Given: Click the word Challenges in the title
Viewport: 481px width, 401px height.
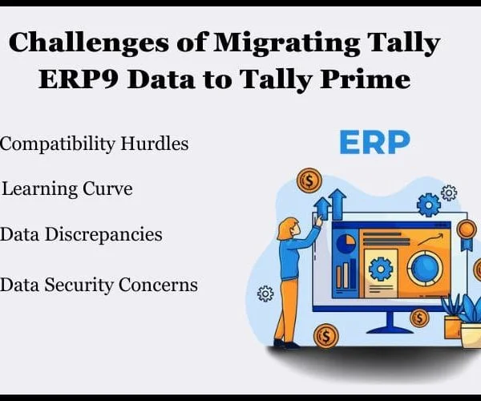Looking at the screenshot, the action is coord(89,43).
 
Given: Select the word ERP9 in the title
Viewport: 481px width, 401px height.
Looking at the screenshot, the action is coord(79,79).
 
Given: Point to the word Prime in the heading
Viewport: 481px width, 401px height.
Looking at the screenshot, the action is coord(365,79).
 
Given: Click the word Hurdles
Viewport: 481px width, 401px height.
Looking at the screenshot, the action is coord(154,144).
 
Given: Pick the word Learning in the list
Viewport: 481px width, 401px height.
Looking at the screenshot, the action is coord(39,189).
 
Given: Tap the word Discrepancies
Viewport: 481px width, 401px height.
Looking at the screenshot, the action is coord(103,235).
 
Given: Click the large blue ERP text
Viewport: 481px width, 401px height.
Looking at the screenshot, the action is coord(374,143).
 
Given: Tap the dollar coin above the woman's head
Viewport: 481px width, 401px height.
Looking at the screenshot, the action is coord(309,180).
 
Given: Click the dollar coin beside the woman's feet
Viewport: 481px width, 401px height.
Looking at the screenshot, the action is coord(325,336).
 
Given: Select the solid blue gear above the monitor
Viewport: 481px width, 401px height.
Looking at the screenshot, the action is coord(429,205).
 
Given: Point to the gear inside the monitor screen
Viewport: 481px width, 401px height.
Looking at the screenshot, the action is coord(381,269).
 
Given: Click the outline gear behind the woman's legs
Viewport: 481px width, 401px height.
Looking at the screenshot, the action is coord(265,294).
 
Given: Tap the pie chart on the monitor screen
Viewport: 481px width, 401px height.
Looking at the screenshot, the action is coord(346,243).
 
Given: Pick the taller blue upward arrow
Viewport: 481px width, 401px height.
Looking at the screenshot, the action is coord(338,204).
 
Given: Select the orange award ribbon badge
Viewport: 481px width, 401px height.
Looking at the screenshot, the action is coord(467,235).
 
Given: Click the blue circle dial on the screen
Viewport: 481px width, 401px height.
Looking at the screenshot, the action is coord(425,269).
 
